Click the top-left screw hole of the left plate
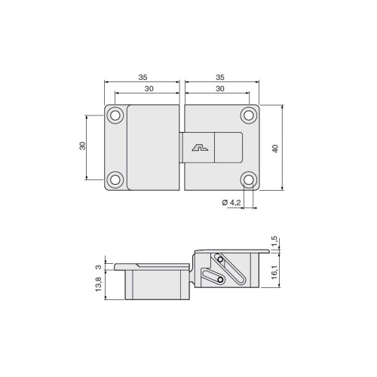click(x=115, y=115)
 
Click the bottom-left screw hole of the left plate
click(x=115, y=179)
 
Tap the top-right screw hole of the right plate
click(x=249, y=115)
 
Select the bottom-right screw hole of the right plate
click(x=249, y=179)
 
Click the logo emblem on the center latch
click(x=200, y=148)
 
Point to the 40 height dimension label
click(x=275, y=149)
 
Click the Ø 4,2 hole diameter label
click(x=231, y=203)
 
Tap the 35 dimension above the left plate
click(x=143, y=77)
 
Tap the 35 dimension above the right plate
click(x=220, y=77)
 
